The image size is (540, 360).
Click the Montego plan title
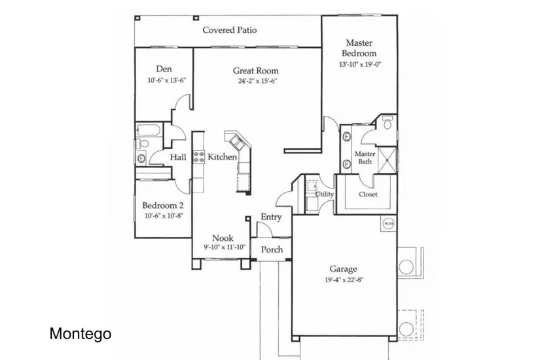[x=81, y=333]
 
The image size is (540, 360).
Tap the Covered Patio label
[x=229, y=30]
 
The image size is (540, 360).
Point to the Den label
[x=164, y=69]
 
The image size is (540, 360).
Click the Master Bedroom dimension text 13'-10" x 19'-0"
[x=360, y=64]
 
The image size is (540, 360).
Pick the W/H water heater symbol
[x=388, y=224]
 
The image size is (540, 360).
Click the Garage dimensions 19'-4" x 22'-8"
[x=344, y=279]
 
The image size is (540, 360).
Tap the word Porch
[x=272, y=249]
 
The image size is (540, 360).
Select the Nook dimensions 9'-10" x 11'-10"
[x=225, y=247]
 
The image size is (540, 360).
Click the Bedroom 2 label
[x=163, y=206]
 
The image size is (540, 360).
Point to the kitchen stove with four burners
[x=199, y=156]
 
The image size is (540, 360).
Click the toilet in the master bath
[x=387, y=122]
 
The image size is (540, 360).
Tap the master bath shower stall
[x=387, y=160]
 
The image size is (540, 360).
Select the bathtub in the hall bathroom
[x=149, y=130]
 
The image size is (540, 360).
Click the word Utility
[x=325, y=194]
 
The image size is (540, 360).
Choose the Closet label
[x=368, y=194]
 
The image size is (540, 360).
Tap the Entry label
[x=271, y=217]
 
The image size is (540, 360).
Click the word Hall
[x=178, y=157]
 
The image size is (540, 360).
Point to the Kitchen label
[x=222, y=156]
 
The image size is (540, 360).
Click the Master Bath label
[x=365, y=158]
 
